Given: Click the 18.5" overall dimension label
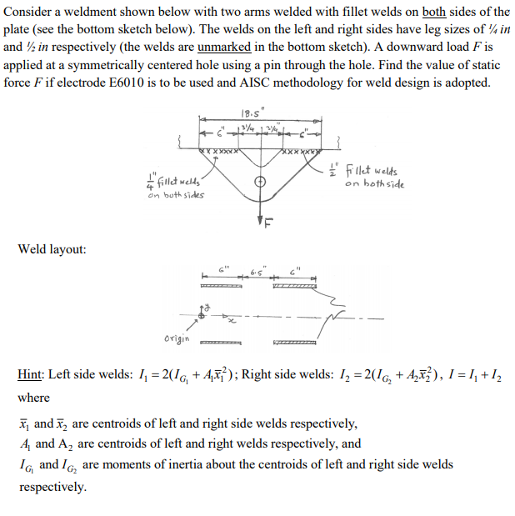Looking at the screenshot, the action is [249, 113].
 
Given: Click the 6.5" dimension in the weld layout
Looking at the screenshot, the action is [256, 271].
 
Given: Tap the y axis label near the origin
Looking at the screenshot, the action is [207, 308].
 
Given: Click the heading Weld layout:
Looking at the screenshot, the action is [51, 249].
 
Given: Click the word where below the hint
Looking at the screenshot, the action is [34, 398].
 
